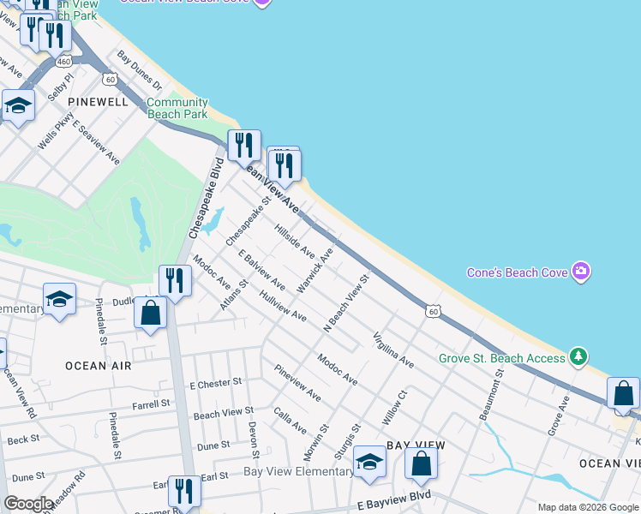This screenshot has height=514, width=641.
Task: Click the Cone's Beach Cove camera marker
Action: pyautogui.click(x=581, y=272)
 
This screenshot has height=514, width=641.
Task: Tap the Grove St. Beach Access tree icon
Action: pyautogui.click(x=579, y=356)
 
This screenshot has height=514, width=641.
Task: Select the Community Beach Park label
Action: pyautogui.click(x=177, y=108)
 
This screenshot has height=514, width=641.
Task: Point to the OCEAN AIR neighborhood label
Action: pyautogui.click(x=99, y=366)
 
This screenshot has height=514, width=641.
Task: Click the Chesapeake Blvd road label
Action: pyautogui.click(x=205, y=198)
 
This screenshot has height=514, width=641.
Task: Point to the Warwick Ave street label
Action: pyautogui.click(x=315, y=272)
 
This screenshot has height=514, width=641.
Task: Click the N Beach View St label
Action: pyautogui.click(x=345, y=303)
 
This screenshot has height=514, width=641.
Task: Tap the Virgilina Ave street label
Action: pyautogui.click(x=392, y=350)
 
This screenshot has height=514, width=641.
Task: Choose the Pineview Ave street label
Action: pyautogui.click(x=297, y=383)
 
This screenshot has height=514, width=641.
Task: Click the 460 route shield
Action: pyautogui.click(x=63, y=62)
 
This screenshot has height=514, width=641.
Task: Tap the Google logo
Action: pyautogui.click(x=28, y=504)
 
